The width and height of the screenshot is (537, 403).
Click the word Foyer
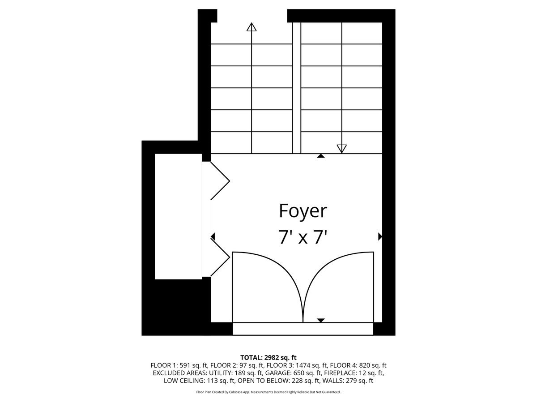303,210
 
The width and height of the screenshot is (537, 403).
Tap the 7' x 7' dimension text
303,236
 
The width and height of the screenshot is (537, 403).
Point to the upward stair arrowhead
251,27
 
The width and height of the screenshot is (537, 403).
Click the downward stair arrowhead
342,148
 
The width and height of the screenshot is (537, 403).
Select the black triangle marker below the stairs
321,156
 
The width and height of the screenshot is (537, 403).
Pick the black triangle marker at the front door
321,320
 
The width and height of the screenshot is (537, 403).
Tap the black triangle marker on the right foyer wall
380,236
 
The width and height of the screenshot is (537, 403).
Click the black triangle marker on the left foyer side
213,236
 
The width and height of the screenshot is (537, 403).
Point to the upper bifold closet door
220,180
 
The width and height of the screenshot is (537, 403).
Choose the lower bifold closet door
220,257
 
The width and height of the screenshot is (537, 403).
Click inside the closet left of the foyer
178,216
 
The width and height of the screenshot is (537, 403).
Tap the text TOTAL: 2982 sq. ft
268,357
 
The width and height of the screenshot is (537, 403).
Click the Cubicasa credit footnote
268,392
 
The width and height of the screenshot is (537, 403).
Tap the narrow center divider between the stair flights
296,88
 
